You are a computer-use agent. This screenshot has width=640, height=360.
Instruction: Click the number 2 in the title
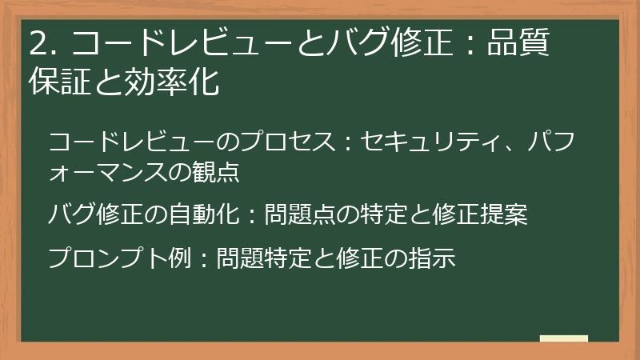(37, 44)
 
